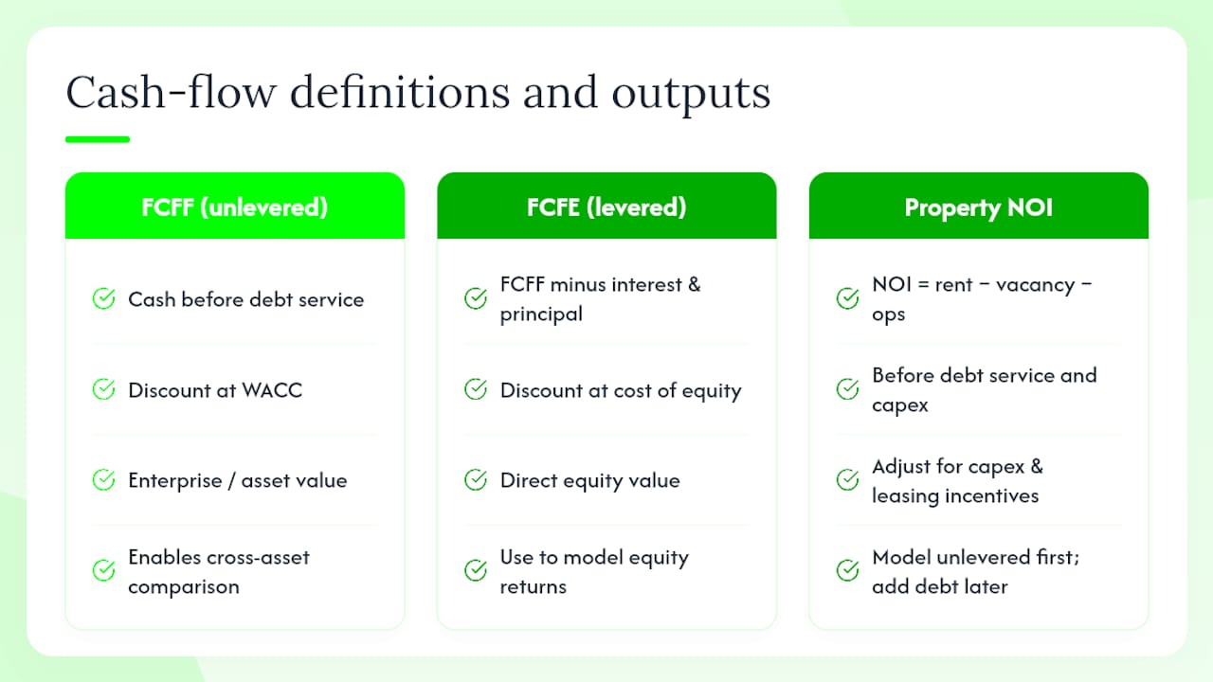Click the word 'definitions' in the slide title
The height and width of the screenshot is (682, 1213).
click(400, 93)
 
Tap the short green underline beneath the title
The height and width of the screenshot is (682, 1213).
click(98, 139)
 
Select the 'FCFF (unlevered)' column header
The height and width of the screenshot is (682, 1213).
click(234, 206)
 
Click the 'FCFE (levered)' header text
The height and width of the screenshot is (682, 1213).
click(606, 206)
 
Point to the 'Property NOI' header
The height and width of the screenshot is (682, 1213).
click(979, 207)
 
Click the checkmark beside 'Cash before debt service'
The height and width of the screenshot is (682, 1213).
click(103, 298)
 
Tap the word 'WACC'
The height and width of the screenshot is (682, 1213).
click(272, 390)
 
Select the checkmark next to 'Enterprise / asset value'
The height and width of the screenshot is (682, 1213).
click(103, 479)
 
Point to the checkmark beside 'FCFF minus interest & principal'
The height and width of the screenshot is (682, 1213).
click(476, 298)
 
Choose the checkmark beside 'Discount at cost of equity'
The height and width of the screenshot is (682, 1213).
click(476, 389)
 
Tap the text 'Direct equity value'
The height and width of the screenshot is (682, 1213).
click(589, 480)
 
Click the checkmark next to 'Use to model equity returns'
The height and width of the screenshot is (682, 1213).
click(476, 570)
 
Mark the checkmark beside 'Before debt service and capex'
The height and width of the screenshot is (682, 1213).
click(847, 389)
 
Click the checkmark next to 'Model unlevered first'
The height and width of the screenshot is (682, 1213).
click(847, 570)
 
